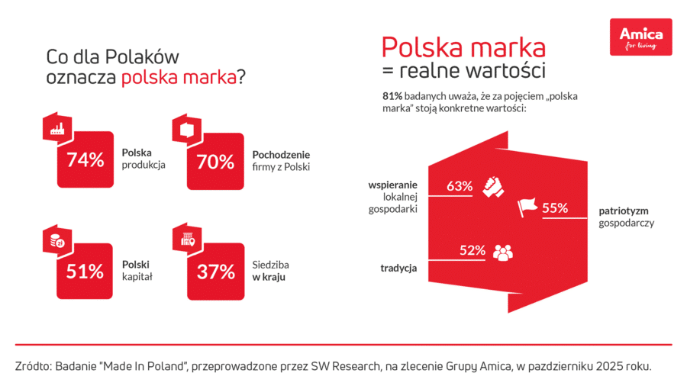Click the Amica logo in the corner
pyautogui.click(x=640, y=37)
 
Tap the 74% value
pyautogui.click(x=85, y=160)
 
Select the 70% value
pyautogui.click(x=215, y=162)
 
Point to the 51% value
pyautogui.click(x=85, y=271)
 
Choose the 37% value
pyautogui.click(x=215, y=272)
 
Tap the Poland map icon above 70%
pyautogui.click(x=185, y=130)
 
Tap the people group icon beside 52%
pyautogui.click(x=502, y=251)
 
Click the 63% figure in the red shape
pyautogui.click(x=460, y=186)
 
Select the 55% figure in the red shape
pyautogui.click(x=555, y=207)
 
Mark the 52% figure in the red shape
pyautogui.click(x=473, y=249)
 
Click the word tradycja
pyautogui.click(x=398, y=268)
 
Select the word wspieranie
pyautogui.click(x=392, y=185)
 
